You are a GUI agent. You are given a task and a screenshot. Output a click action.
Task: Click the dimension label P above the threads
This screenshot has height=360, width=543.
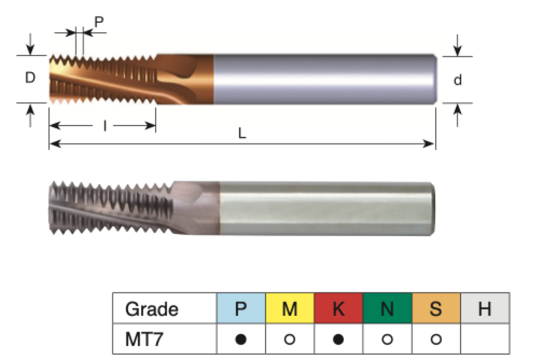pos(99,22)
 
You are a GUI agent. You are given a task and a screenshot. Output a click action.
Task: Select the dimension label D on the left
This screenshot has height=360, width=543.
pos(30,78)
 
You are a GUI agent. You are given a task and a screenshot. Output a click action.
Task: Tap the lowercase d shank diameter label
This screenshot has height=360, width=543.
pos(457,80)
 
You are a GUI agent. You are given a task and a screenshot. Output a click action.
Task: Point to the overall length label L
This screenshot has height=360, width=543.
pos(242,134)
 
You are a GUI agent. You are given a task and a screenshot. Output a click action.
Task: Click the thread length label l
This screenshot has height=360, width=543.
pos(104,126)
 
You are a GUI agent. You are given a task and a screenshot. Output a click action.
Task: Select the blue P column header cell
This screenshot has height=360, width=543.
pos(241,309)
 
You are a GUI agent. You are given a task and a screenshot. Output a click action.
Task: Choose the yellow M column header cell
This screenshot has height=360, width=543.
pos(289,309)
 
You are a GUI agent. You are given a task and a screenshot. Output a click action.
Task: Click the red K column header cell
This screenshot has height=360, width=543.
pos(338,309)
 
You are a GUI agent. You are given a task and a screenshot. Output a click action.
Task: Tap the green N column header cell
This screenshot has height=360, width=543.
pos(387,309)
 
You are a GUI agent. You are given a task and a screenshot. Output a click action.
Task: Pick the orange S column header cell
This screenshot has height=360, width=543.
pos(436,309)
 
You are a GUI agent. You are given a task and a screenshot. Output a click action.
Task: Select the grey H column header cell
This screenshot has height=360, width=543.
pos(485,309)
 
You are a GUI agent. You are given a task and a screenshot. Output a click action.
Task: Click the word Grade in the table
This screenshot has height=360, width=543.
pos(151,309)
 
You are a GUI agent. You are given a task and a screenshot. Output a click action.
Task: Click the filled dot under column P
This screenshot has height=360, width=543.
pos(241,340)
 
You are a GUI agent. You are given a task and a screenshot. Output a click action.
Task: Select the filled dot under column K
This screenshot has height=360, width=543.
pos(338,340)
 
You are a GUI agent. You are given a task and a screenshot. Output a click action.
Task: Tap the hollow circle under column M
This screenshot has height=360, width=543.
pos(289,340)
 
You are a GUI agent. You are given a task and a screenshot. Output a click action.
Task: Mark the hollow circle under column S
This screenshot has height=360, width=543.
pos(436,340)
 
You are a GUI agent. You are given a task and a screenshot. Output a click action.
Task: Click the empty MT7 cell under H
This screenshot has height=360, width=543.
pos(485,340)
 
